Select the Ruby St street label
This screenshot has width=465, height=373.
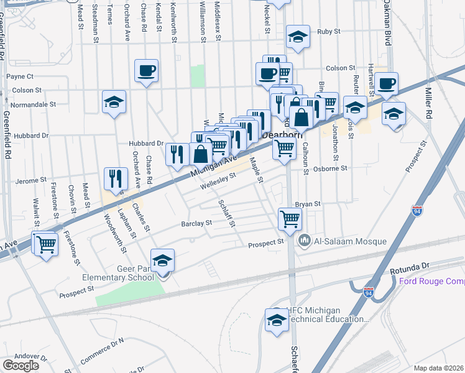[329, 31]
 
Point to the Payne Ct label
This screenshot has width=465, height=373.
[19, 76]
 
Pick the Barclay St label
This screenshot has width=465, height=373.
[196, 223]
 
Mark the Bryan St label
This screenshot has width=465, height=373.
[307, 203]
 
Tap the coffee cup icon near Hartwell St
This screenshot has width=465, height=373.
[386, 83]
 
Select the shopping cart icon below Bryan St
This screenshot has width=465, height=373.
[290, 219]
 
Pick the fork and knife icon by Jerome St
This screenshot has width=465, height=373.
[114, 179]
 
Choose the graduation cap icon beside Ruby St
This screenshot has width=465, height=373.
[298, 37]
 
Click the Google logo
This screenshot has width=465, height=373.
[21, 365]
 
